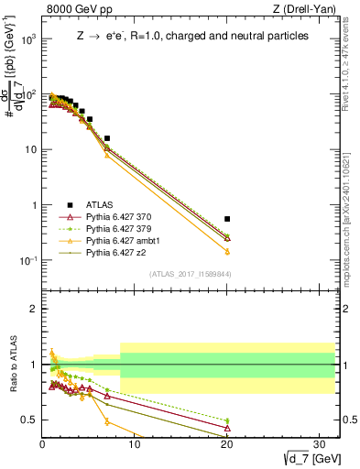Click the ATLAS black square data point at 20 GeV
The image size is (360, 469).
click(227, 219)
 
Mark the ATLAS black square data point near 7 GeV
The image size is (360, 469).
click(107, 138)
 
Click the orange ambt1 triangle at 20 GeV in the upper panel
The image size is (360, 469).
click(227, 251)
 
